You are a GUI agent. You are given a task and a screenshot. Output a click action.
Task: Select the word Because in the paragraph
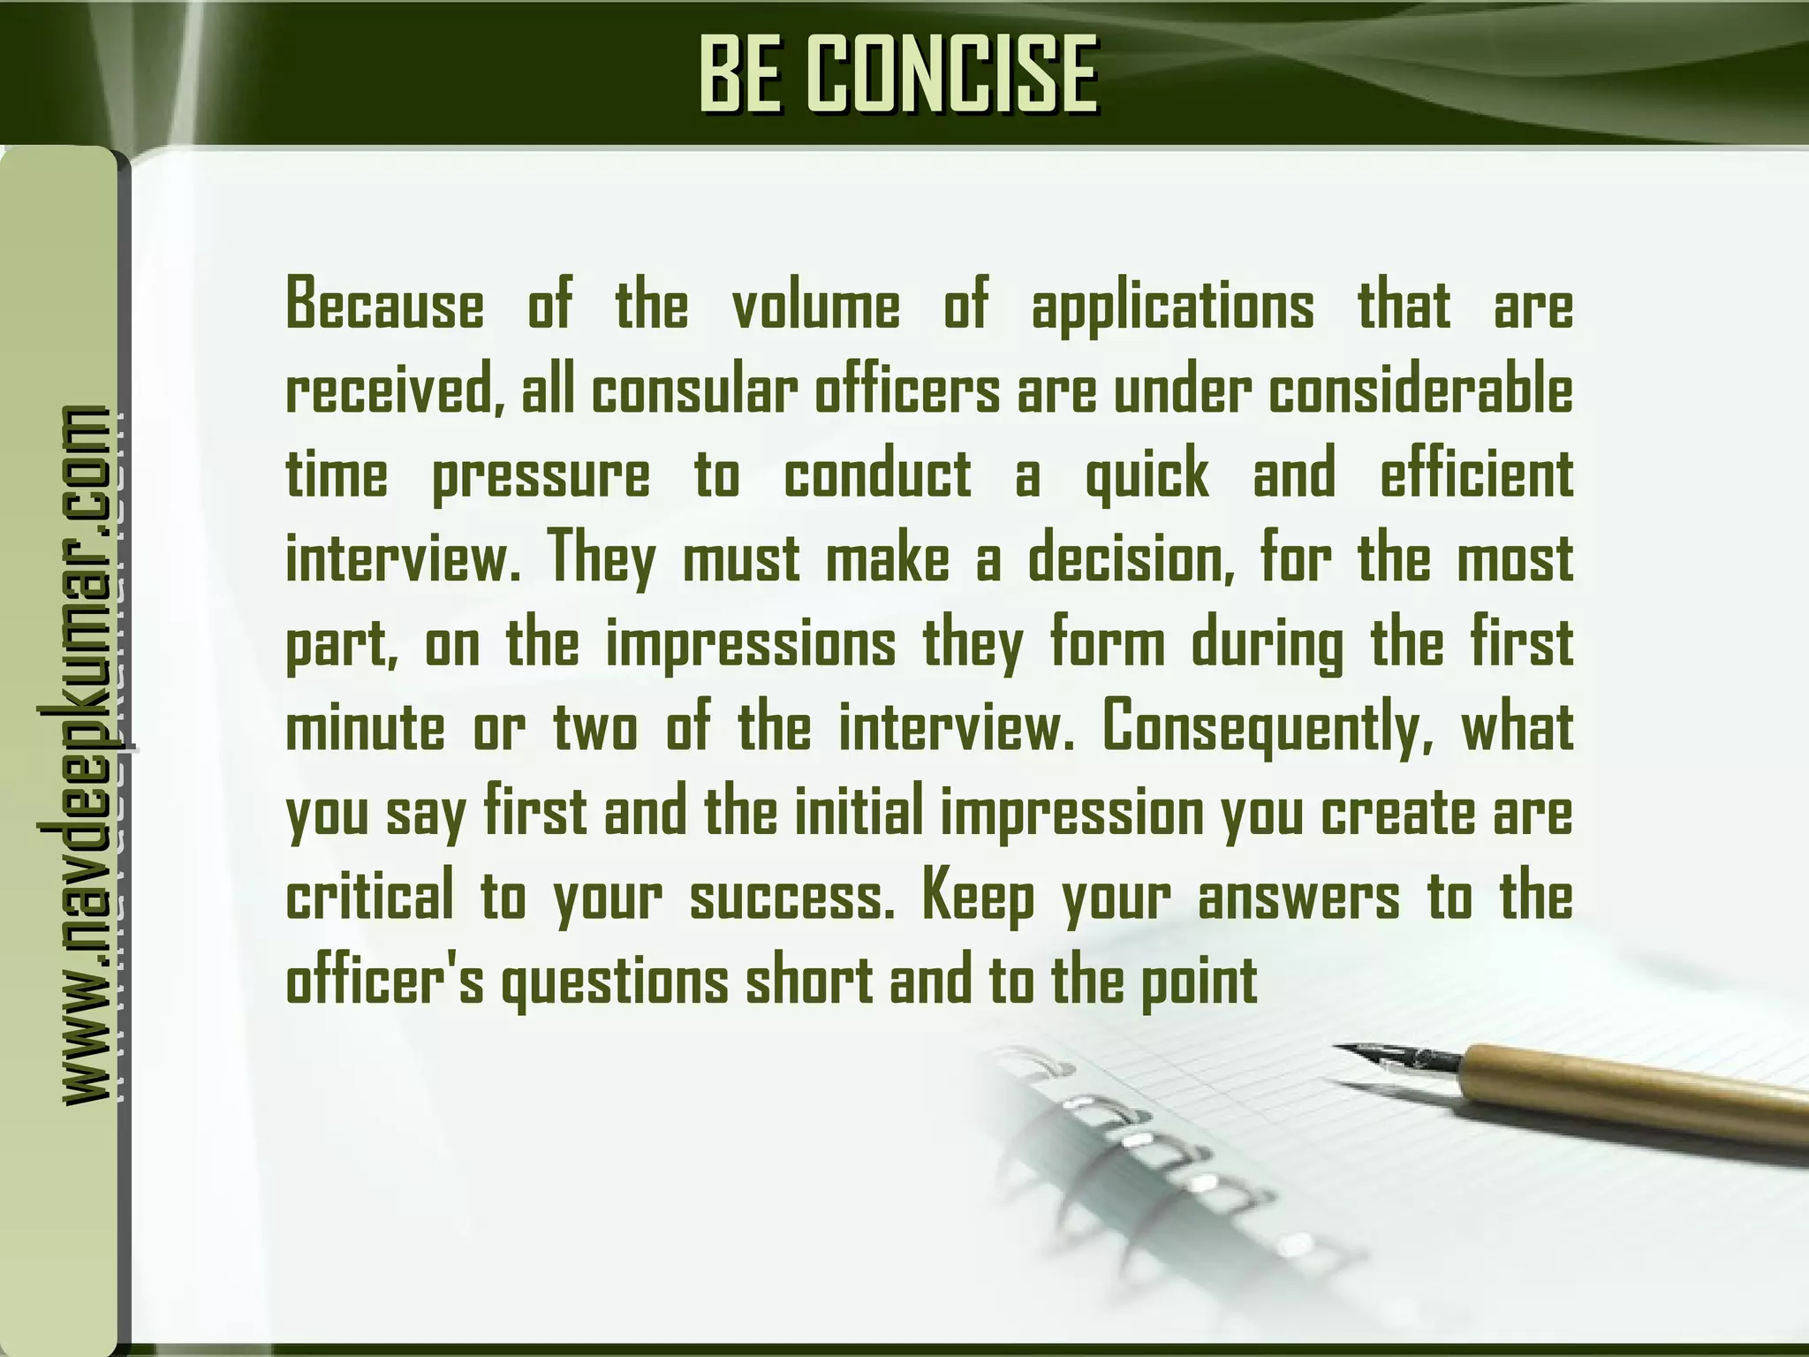[x=385, y=305]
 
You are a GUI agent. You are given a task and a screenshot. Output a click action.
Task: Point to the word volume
[x=816, y=305]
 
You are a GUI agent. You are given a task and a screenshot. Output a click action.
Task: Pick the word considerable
[x=1421, y=390]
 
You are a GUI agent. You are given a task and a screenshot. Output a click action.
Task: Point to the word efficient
[x=1476, y=474]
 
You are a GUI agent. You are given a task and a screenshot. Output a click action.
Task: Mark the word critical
[x=370, y=898]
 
